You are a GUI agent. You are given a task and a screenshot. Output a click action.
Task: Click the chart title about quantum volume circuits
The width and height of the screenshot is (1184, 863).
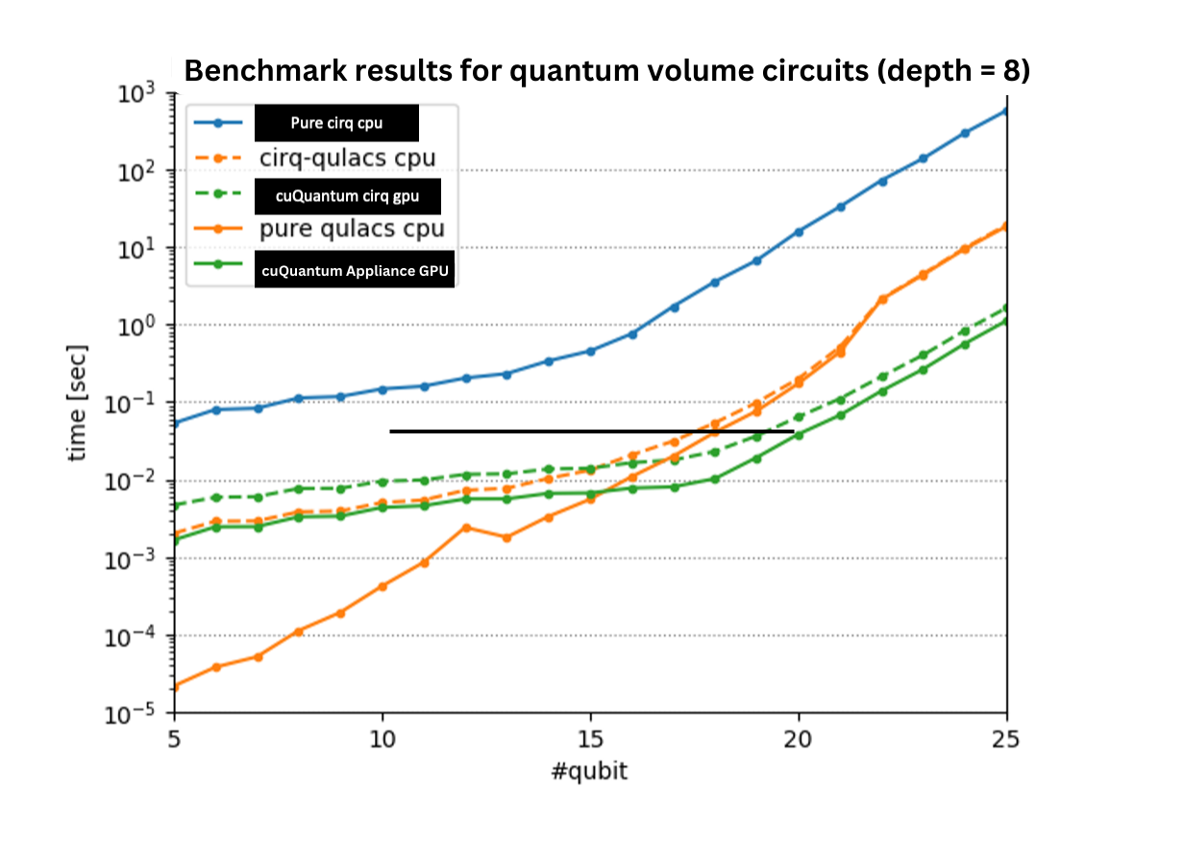tap(606, 71)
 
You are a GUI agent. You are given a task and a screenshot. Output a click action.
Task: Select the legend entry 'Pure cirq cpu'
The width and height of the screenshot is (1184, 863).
tap(336, 123)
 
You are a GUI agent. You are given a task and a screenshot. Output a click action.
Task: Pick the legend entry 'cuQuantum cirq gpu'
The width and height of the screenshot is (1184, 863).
tap(348, 196)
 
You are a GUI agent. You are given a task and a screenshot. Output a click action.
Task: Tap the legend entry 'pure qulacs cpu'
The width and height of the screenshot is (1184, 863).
tap(351, 229)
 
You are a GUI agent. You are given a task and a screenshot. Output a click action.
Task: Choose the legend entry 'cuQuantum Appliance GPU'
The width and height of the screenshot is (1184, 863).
tap(355, 271)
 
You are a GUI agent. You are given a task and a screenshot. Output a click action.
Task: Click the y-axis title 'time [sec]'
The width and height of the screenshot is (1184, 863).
tap(78, 403)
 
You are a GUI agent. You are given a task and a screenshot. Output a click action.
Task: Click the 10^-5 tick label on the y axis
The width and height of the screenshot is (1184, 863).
tap(140, 715)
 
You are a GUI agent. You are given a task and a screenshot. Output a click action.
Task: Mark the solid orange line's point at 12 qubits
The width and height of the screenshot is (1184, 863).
tap(465, 527)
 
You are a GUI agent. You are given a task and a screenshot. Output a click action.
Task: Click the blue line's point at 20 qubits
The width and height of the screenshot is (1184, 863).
tap(799, 232)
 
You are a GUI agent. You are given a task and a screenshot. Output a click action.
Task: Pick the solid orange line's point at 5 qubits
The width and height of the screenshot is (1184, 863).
tap(174, 686)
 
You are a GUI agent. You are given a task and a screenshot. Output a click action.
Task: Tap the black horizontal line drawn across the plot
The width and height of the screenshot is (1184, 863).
tap(591, 431)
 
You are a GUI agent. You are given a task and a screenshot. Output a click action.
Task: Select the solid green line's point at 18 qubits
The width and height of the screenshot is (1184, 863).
tap(715, 479)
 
